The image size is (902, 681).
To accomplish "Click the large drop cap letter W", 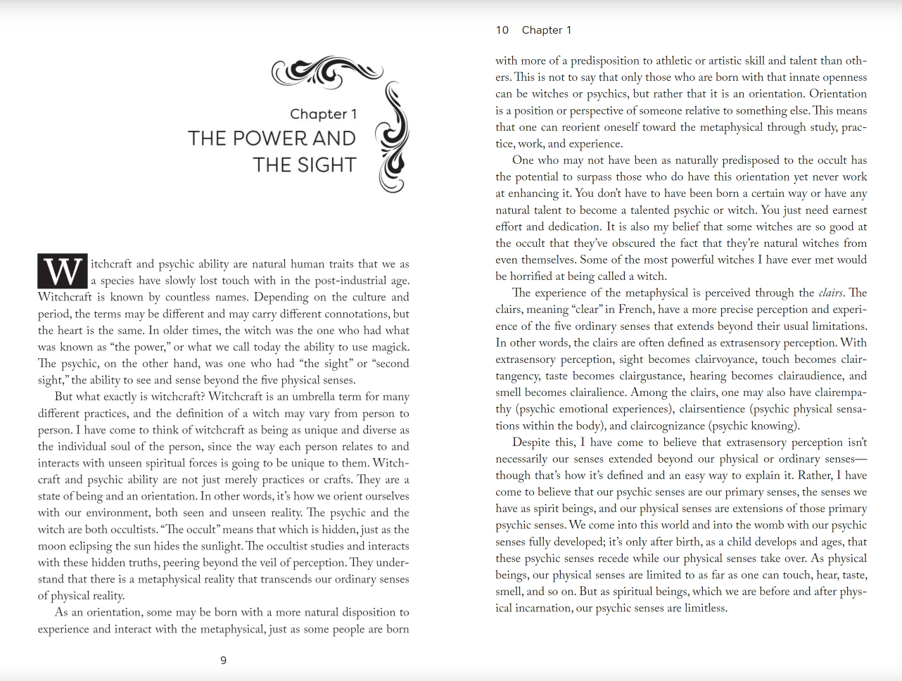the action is pyautogui.click(x=63, y=272).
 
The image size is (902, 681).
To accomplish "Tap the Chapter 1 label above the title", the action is pyautogui.click(x=323, y=114).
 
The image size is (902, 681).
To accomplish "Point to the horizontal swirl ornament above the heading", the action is pyautogui.click(x=327, y=71).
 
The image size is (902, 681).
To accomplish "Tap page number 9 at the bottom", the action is pyautogui.click(x=224, y=661).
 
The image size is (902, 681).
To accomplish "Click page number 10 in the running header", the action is pyautogui.click(x=502, y=30).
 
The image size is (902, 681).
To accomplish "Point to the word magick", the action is pyautogui.click(x=390, y=347).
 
